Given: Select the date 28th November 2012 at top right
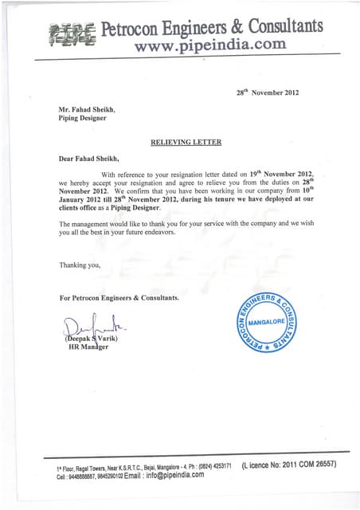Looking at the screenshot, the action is click(267, 92).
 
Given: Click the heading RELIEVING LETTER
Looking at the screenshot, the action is click(186, 143).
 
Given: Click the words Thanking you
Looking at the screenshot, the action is click(80, 265).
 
